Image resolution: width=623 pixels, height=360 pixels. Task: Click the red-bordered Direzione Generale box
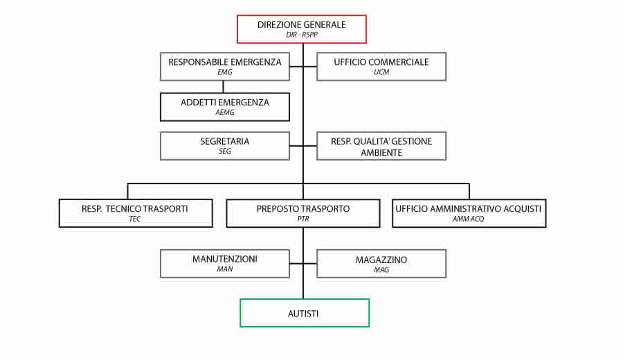coord(302,29)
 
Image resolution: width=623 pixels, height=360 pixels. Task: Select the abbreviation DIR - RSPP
coord(302,35)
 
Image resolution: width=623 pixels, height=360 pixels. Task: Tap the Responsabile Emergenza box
coord(225,66)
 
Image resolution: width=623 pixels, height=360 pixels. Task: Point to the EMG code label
coord(225,72)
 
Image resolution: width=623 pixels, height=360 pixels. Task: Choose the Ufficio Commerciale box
coord(381,66)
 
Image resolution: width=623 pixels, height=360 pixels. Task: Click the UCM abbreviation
coord(381,72)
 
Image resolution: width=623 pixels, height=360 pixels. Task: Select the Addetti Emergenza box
coord(225,107)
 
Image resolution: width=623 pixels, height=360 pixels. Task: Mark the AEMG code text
coord(225,112)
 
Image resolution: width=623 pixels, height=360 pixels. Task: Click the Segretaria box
coord(225,146)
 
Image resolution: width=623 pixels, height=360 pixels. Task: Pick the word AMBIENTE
coord(381,152)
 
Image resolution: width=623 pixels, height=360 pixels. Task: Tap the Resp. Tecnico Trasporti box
coord(136,213)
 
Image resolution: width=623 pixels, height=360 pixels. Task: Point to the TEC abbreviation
coord(135,219)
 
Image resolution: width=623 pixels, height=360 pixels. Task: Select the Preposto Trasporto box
coord(303,213)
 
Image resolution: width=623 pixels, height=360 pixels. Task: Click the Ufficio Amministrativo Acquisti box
coord(469,213)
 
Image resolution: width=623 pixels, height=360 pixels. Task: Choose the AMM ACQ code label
coord(469,219)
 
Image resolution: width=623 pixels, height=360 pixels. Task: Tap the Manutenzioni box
coord(225,264)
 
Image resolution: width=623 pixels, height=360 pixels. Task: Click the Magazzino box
coord(381,264)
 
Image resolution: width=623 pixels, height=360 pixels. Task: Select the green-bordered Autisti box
coord(305,313)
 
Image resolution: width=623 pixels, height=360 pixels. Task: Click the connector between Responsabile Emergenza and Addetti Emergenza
coord(223,87)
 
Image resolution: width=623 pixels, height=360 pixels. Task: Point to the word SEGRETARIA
coord(225,141)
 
